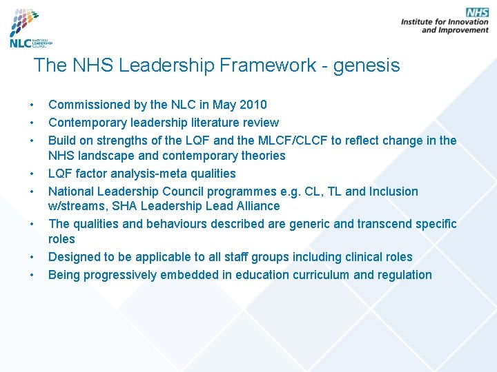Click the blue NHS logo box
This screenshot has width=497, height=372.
(x=477, y=12)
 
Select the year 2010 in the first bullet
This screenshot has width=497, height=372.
(x=253, y=105)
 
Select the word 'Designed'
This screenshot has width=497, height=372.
(x=75, y=257)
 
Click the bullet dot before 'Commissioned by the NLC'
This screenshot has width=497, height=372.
(x=32, y=105)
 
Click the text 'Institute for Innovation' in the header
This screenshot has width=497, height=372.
(x=445, y=22)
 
